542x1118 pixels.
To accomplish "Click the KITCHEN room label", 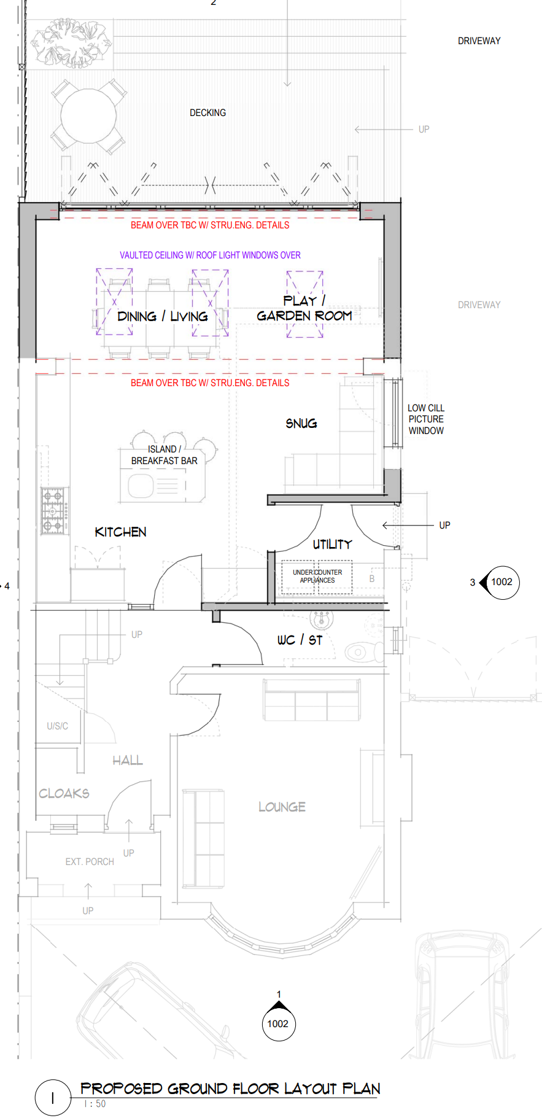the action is (x=120, y=532).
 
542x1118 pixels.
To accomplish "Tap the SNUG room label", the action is (x=301, y=423).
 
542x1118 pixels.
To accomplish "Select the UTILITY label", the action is (x=332, y=544).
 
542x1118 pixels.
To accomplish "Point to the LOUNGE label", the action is (x=282, y=807).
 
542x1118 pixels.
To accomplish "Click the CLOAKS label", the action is (x=64, y=793).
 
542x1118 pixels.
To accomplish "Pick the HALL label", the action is (x=128, y=760).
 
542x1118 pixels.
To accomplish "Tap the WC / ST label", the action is (x=300, y=640).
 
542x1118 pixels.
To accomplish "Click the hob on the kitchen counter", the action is (x=54, y=510).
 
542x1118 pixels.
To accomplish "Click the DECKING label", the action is (x=207, y=113).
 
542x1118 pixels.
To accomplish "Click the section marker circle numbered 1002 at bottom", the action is (x=278, y=1023).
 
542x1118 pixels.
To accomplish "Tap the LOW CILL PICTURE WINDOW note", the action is (x=426, y=419).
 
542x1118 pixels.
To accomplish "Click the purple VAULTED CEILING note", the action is (x=210, y=255).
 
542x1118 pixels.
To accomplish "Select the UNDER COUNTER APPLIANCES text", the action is (x=317, y=576).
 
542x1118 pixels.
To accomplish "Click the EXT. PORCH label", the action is (x=90, y=862).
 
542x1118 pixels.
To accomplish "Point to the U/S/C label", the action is (x=58, y=726).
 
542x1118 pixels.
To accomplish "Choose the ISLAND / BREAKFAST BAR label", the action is (x=164, y=455).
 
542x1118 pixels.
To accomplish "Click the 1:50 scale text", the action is (x=95, y=1103).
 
